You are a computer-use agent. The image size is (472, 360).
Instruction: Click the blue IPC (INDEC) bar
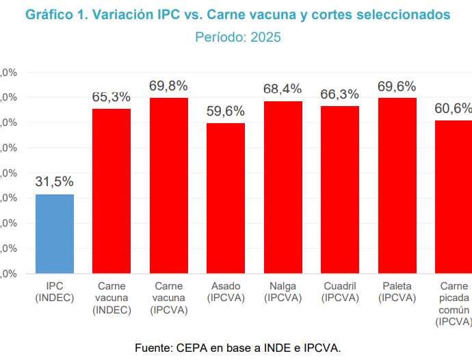click(x=55, y=234)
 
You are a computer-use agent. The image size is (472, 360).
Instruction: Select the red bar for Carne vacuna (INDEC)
click(x=112, y=191)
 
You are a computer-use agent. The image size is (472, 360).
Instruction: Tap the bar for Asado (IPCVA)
click(x=226, y=198)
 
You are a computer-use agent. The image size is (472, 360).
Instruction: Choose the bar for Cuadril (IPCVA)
click(x=340, y=190)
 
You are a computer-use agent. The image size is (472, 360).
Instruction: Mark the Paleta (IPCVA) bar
click(x=397, y=185)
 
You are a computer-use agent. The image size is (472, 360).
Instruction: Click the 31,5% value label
click(x=55, y=182)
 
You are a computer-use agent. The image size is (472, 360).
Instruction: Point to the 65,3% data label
click(x=112, y=97)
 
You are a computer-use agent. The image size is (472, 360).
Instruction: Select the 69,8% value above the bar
click(x=169, y=86)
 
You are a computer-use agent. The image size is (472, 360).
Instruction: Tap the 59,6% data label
click(x=226, y=111)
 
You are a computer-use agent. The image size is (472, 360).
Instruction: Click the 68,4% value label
click(x=283, y=89)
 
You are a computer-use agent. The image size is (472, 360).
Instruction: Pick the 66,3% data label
click(x=340, y=94)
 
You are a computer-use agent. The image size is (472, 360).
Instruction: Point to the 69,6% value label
click(x=397, y=86)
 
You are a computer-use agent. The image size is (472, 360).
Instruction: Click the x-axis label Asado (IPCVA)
click(x=226, y=292)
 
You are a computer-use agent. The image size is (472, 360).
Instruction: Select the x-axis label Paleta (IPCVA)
click(x=397, y=292)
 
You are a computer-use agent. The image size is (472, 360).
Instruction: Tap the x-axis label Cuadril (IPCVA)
click(x=340, y=292)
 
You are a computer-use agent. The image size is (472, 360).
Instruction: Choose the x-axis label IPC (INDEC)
click(x=55, y=292)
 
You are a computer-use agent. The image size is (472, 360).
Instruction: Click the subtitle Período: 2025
click(x=238, y=38)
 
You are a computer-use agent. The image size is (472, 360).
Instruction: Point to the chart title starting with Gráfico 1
click(x=238, y=14)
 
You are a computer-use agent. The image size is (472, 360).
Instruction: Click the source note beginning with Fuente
click(x=238, y=348)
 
